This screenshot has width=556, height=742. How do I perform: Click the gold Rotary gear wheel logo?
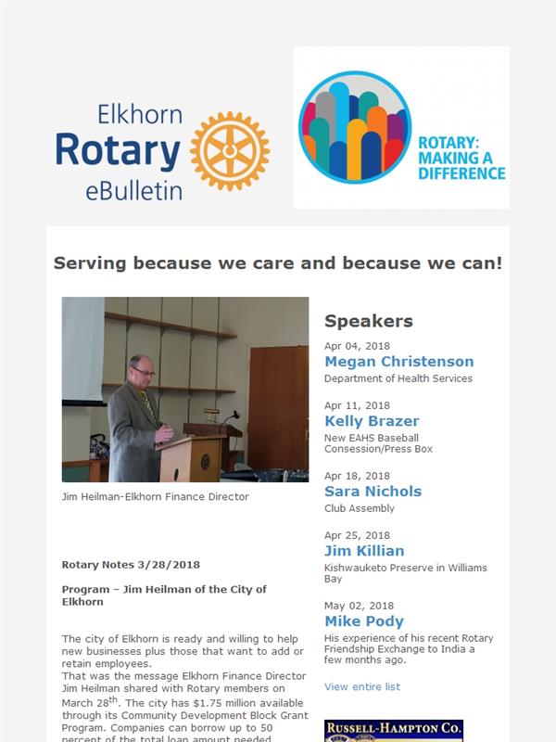pyautogui.click(x=230, y=151)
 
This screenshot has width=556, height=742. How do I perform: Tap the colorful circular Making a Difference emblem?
pyautogui.click(x=355, y=127)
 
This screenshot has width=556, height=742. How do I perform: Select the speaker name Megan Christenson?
pyautogui.click(x=399, y=362)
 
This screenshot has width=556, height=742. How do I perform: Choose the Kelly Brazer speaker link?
pyautogui.click(x=372, y=421)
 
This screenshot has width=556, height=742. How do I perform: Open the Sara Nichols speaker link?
pyautogui.click(x=373, y=492)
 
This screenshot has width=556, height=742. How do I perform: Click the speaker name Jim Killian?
pyautogui.click(x=364, y=551)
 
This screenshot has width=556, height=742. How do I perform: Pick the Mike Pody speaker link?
pyautogui.click(x=364, y=620)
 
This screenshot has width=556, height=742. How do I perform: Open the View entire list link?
pyautogui.click(x=362, y=686)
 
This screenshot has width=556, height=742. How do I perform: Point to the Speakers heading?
pyautogui.click(x=369, y=321)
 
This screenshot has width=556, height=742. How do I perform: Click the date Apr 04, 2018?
pyautogui.click(x=357, y=346)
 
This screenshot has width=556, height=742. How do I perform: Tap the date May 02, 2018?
pyautogui.click(x=359, y=606)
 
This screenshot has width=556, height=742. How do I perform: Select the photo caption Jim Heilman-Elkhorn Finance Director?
pyautogui.click(x=155, y=496)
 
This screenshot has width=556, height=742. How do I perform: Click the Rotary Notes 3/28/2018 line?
pyautogui.click(x=131, y=565)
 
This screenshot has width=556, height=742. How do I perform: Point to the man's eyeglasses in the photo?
pyautogui.click(x=144, y=372)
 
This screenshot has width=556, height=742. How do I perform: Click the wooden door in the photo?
pyautogui.click(x=279, y=407)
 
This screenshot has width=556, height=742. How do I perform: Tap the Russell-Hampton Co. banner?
pyautogui.click(x=394, y=731)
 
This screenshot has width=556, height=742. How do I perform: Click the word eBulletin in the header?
pyautogui.click(x=133, y=191)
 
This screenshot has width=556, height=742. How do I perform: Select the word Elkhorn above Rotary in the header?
pyautogui.click(x=140, y=114)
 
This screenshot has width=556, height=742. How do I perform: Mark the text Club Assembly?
pyautogui.click(x=360, y=508)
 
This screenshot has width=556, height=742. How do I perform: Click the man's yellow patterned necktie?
pyautogui.click(x=147, y=403)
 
